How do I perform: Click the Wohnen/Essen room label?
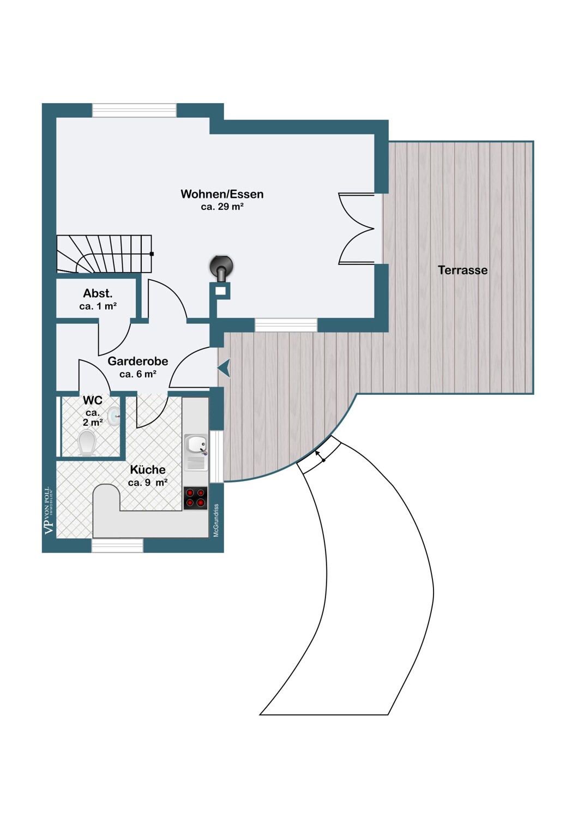click(x=222, y=194)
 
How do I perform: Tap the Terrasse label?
click(x=462, y=270)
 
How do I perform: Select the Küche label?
click(x=148, y=469)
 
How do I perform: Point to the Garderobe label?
click(x=137, y=361)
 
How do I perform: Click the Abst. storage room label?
click(x=98, y=293)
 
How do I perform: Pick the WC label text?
click(x=93, y=400)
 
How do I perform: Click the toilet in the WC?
click(x=87, y=443)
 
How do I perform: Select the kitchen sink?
click(x=196, y=452)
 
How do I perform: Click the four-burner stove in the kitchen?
click(x=195, y=498)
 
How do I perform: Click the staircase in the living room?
click(x=105, y=254)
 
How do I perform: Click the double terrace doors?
click(x=357, y=228)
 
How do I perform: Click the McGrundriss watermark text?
click(x=216, y=520)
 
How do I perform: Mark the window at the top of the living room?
click(x=134, y=110)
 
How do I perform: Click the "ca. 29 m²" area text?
click(x=222, y=207)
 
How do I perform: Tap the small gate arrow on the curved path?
click(x=320, y=456)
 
